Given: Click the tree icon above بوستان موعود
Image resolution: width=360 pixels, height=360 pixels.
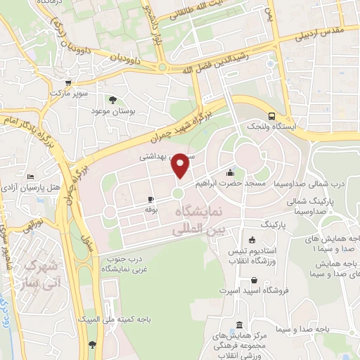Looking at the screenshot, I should (x=112, y=100).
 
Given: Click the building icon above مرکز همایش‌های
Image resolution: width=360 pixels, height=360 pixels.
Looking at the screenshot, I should (x=240, y=326).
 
